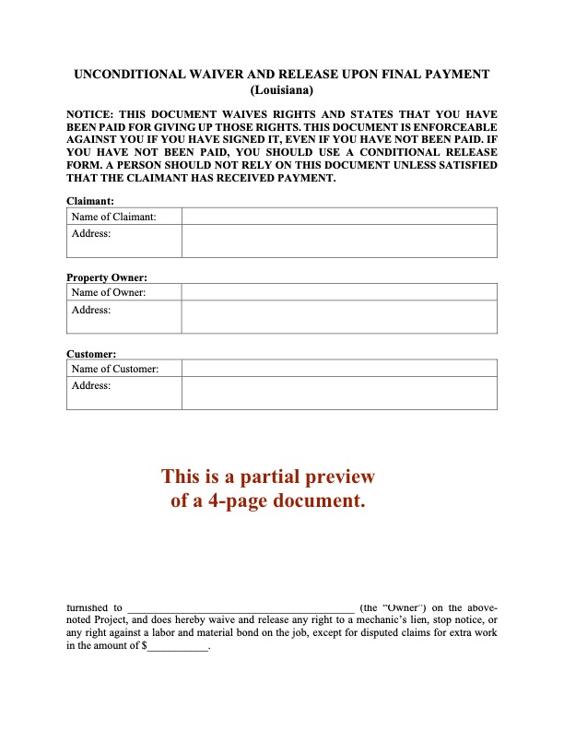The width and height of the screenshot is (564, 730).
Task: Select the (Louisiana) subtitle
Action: pyautogui.click(x=282, y=90)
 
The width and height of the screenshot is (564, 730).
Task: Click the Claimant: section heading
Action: pyautogui.click(x=90, y=201)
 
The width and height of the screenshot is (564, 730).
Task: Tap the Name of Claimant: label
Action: pyautogui.click(x=113, y=217)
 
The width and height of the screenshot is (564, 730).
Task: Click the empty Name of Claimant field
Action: pyautogui.click(x=339, y=217)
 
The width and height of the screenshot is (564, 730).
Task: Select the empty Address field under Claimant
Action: pyautogui.click(x=339, y=241)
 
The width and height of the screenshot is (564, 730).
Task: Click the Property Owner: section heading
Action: pyautogui.click(x=107, y=277)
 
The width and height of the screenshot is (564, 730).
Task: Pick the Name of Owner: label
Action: pyautogui.click(x=108, y=293)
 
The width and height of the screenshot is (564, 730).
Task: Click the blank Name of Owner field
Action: pyautogui.click(x=339, y=293)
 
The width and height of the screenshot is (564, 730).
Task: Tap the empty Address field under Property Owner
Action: pyautogui.click(x=339, y=317)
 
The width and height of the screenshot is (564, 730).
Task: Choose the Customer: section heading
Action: pyautogui.click(x=92, y=354)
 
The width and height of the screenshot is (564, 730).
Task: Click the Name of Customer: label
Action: pyautogui.click(x=115, y=370)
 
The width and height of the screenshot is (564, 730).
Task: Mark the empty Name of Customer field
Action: pyautogui.click(x=339, y=370)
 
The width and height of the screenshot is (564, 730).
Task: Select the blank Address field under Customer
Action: pyautogui.click(x=339, y=394)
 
